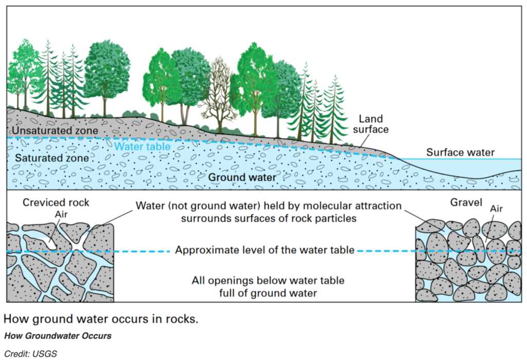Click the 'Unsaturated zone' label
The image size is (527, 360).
point(55,131)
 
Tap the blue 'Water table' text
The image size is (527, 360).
point(142,146)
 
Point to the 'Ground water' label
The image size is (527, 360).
point(242,178)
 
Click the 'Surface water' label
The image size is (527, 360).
point(460,152)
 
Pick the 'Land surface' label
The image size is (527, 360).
point(370,124)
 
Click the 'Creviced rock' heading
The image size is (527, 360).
point(56,203)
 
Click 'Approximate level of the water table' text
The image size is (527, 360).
point(265,251)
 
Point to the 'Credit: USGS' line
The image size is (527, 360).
point(31,354)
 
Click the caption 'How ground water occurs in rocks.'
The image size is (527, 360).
point(101,319)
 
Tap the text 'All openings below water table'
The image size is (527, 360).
point(268,281)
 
